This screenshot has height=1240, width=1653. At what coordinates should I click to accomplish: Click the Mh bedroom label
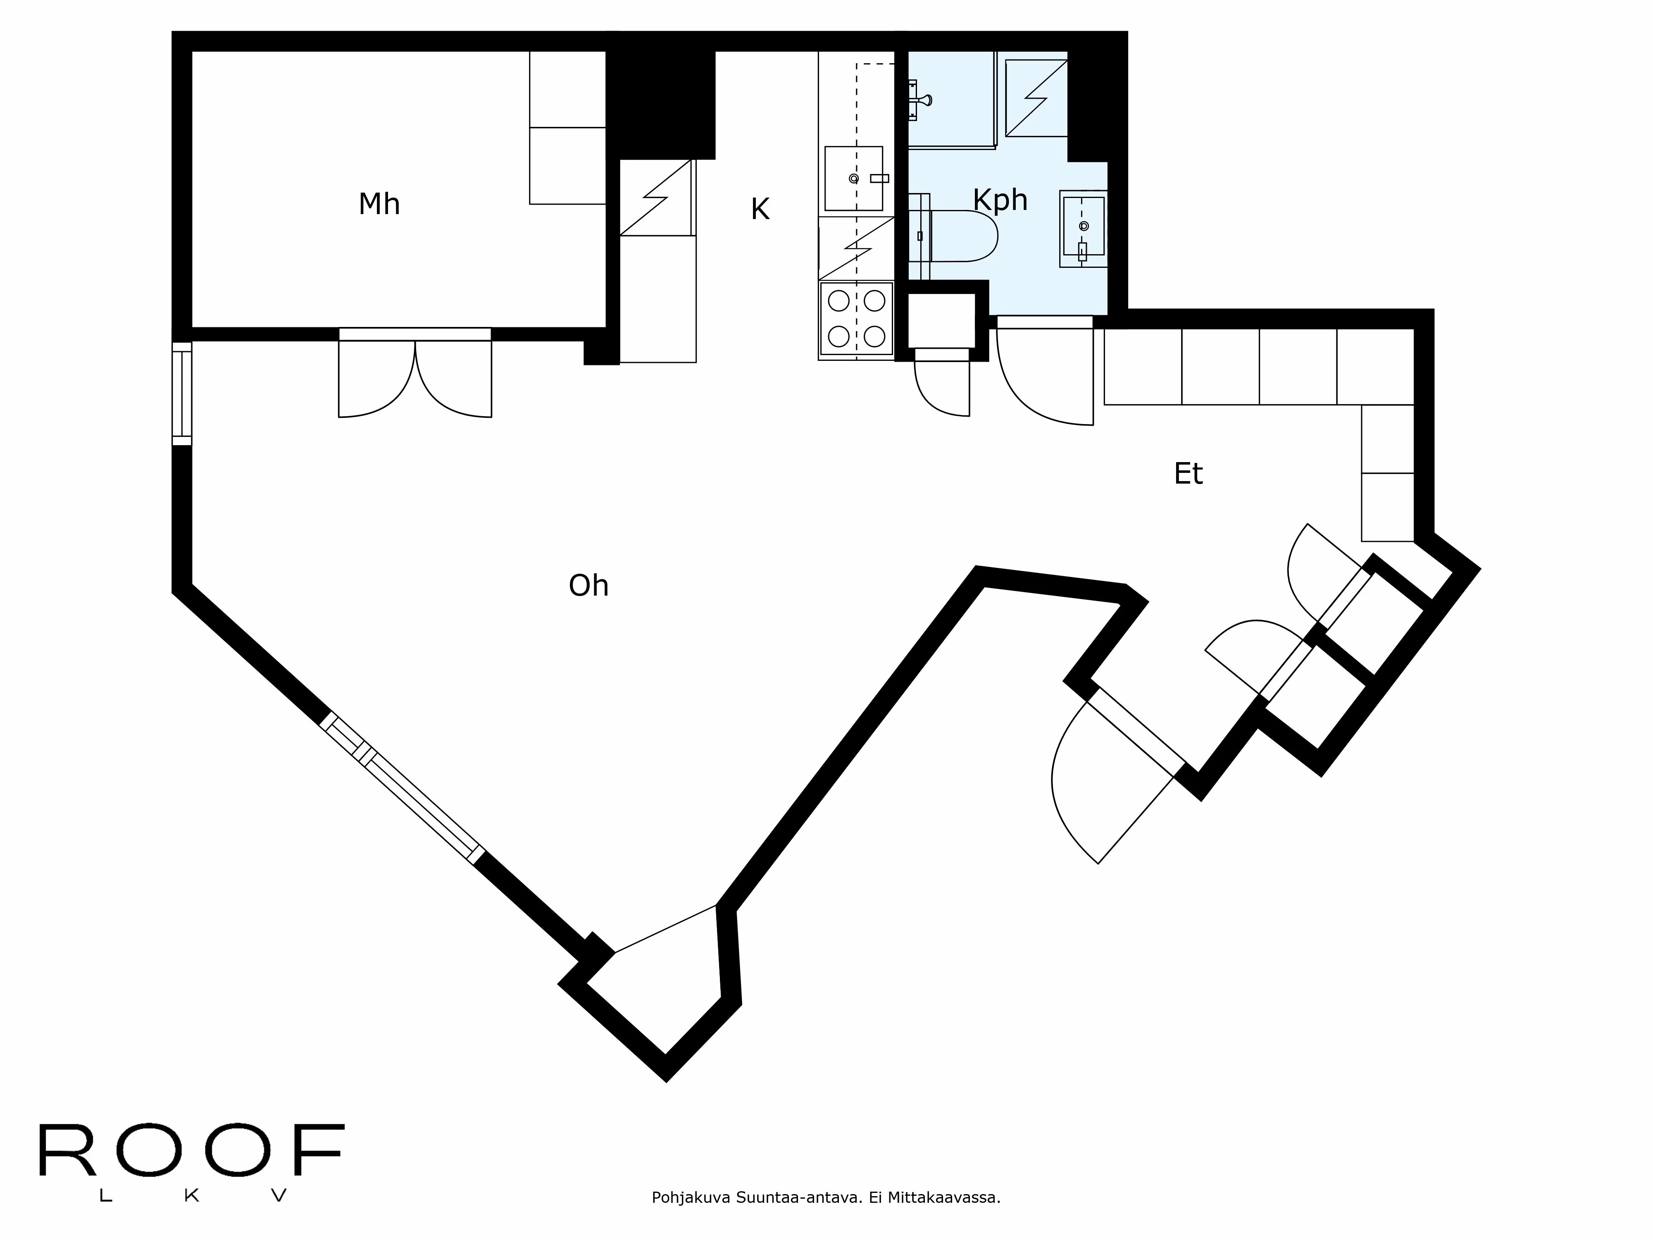click(x=379, y=204)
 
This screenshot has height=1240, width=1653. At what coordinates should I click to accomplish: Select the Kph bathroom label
click(x=1000, y=200)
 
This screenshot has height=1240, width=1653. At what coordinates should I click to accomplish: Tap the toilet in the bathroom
click(x=960, y=236)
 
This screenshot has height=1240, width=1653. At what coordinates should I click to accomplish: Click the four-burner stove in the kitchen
click(x=856, y=318)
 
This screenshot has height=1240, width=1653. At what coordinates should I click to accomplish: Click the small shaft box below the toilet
click(x=941, y=320)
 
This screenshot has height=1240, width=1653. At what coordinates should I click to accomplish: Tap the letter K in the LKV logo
click(x=191, y=1195)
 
